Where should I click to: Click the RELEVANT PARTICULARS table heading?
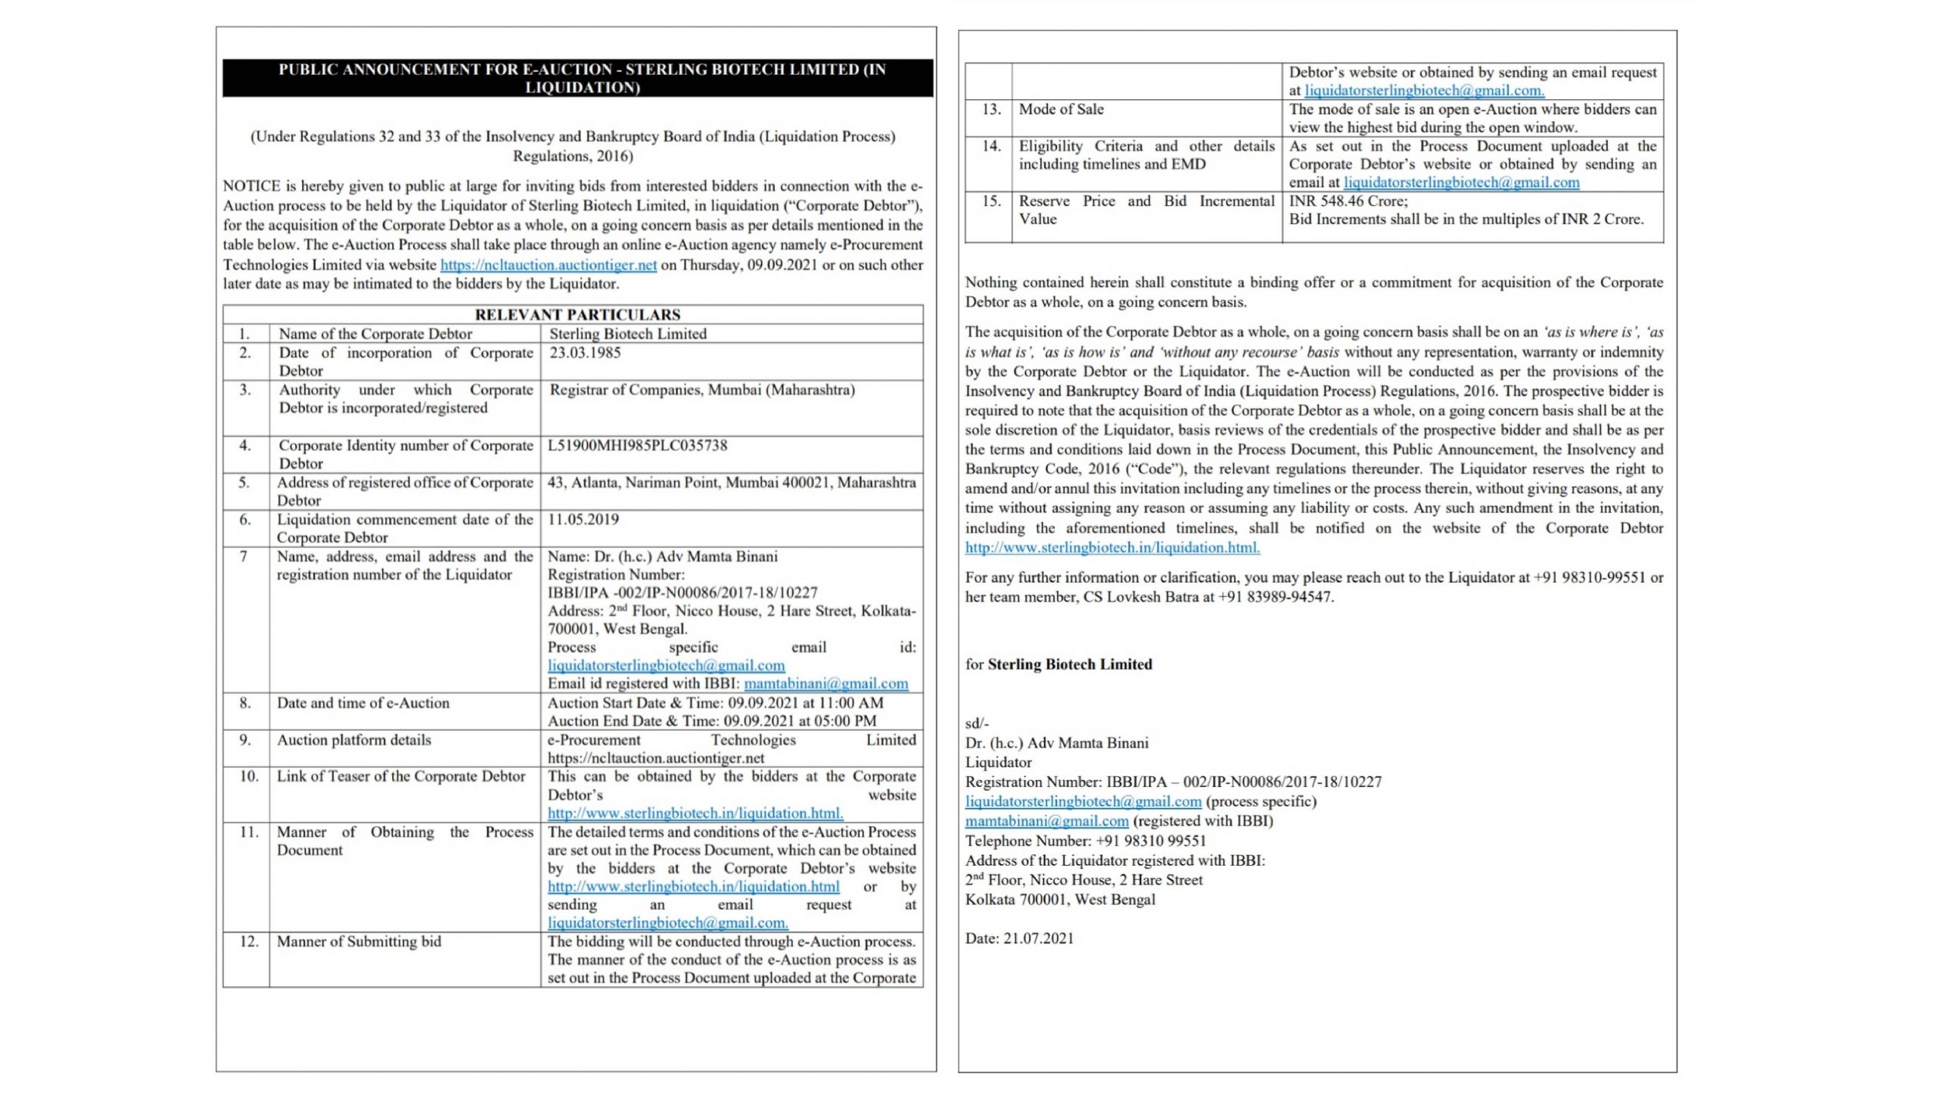point(577,315)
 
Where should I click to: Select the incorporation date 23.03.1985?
point(585,353)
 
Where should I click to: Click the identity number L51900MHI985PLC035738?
point(637,446)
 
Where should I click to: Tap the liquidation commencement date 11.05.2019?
point(583,520)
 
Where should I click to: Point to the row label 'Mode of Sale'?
point(1061,110)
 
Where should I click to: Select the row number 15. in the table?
point(991,201)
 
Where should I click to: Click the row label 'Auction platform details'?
point(353,740)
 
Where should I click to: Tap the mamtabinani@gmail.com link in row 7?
point(826,684)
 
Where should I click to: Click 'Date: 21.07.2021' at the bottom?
point(1019,939)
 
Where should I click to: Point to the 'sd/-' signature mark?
point(977,723)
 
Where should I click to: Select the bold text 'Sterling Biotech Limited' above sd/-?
point(1070,664)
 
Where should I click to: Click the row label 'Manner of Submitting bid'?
point(359,942)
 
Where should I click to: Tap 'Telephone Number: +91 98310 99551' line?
point(1085,841)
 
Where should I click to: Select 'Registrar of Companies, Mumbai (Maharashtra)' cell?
point(702,390)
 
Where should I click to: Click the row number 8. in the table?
point(245,703)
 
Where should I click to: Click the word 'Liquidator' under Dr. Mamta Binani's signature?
point(998,763)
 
